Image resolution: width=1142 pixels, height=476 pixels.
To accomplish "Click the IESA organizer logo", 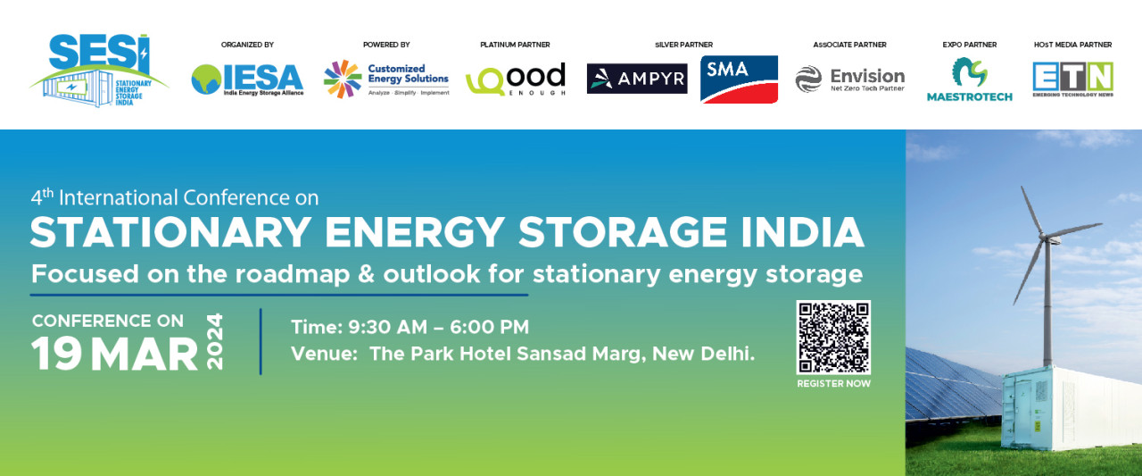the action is (x=247, y=79).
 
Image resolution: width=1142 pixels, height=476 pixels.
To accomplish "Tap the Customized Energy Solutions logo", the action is (x=386, y=79).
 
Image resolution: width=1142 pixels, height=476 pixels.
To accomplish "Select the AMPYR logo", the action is (x=637, y=79).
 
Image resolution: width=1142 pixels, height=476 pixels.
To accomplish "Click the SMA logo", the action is (x=739, y=79).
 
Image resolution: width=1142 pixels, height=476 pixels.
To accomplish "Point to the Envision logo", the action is (x=850, y=79).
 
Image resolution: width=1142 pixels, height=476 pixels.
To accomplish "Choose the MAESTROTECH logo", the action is (x=969, y=79).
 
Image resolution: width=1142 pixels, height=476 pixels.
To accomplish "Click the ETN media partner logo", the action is (x=1072, y=79).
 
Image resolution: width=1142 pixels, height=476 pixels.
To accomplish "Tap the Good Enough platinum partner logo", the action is (x=516, y=79).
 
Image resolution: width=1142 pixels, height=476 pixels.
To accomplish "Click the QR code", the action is (x=833, y=338).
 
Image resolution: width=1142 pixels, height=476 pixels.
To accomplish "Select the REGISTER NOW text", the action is (x=833, y=384).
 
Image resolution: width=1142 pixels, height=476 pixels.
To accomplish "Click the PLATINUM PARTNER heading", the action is (x=515, y=45).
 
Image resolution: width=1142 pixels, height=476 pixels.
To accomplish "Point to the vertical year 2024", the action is (x=215, y=341).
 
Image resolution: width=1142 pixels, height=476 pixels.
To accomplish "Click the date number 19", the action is (x=56, y=354).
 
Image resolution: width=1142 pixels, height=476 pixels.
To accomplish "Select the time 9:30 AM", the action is (x=387, y=327).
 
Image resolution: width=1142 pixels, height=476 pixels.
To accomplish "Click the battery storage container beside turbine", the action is (x=1072, y=409).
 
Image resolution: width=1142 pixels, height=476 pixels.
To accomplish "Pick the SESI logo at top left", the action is (x=99, y=71).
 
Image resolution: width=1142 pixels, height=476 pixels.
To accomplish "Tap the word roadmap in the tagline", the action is (x=292, y=274).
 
